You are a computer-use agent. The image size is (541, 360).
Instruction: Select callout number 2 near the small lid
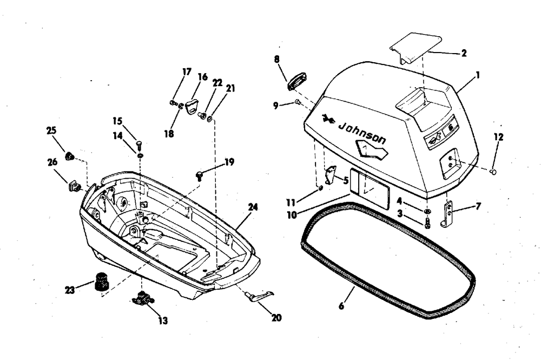pos(464,53)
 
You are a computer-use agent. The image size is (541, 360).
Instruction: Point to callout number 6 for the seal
pos(341,306)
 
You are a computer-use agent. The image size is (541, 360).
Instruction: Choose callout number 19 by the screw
pos(229,161)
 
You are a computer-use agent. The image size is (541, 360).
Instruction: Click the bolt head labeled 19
pos(200,174)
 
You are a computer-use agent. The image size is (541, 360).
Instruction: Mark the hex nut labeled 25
pos(69,157)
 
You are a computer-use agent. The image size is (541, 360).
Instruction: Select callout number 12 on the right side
pos(498,137)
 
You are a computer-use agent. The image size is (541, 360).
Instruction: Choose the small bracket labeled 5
pos(331,174)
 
